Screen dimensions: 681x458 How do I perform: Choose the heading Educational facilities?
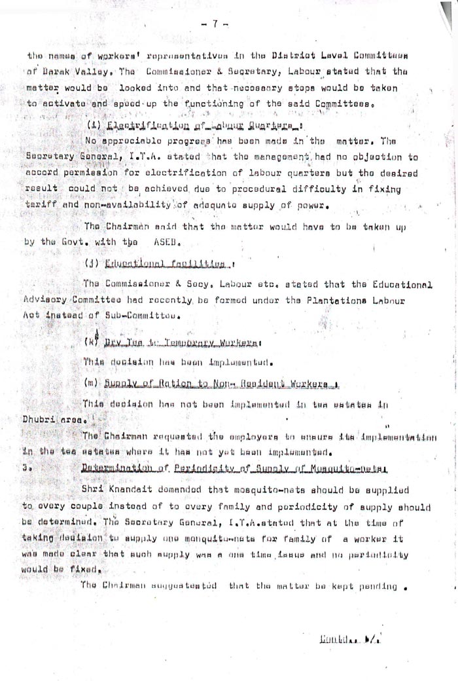[x=164, y=264]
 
